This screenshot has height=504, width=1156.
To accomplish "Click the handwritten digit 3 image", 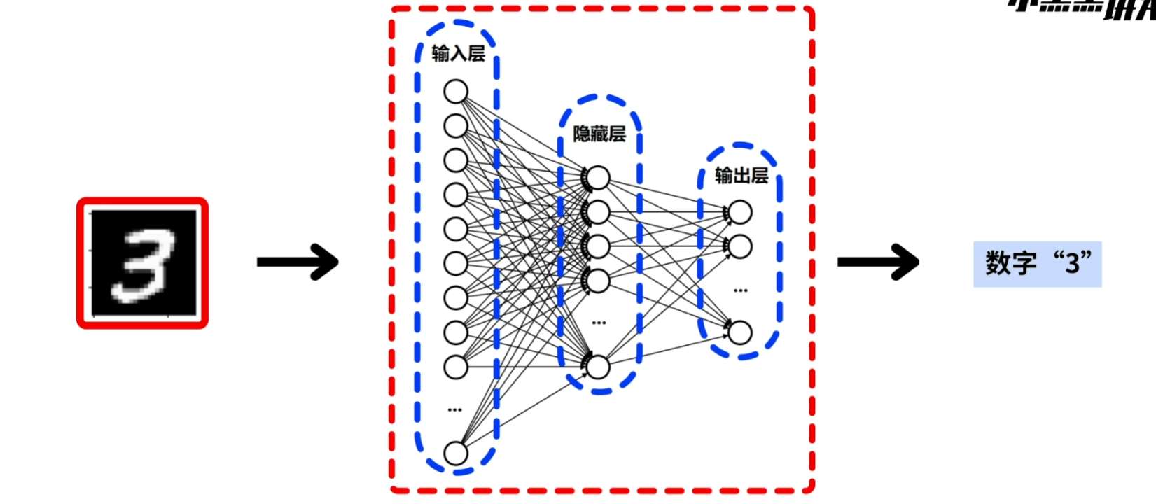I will tap(143, 262).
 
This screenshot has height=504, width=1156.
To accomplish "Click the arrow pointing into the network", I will tap(298, 262).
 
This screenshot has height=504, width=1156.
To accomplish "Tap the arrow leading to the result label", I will tap(878, 262).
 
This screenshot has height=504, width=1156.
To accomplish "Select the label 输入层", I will tap(458, 54).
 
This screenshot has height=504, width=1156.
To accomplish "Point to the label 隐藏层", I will tap(599, 134).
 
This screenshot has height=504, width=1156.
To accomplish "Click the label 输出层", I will tap(741, 175).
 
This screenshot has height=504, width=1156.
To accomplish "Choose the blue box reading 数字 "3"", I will tap(1037, 264).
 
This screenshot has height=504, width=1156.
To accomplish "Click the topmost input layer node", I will tap(456, 92).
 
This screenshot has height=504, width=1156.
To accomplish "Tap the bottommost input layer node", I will tap(456, 453).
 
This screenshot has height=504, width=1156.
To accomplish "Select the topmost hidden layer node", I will tap(598, 178).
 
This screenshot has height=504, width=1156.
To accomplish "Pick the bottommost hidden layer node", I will tap(598, 367).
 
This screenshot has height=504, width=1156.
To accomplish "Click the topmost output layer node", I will tap(740, 212).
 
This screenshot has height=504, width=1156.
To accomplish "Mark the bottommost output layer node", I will tap(740, 332).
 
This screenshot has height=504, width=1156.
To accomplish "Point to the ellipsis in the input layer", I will tap(455, 409).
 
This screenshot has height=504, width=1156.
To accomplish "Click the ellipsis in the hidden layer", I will tap(599, 323).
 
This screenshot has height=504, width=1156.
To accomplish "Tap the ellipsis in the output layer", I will tap(740, 290).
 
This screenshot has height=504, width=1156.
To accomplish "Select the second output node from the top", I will tap(740, 246).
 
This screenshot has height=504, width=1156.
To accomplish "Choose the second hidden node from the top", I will tap(598, 212).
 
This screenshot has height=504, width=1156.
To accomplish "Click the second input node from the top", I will tap(456, 126).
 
